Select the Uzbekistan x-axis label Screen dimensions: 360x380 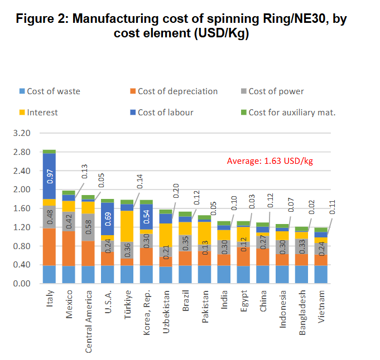click(x=167, y=309)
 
